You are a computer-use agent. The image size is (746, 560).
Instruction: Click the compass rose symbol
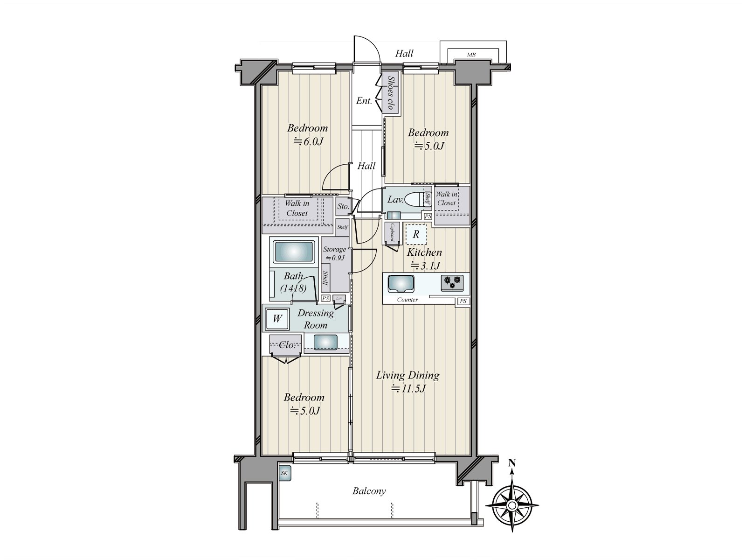click(511, 505)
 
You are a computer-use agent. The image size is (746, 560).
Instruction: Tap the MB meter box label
click(471, 55)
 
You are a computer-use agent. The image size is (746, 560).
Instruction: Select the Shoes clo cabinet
click(389, 93)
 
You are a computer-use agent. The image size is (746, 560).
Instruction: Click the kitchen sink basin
click(401, 283)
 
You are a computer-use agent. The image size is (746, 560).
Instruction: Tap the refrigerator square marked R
click(416, 235)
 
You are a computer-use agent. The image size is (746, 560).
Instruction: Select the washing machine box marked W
click(277, 319)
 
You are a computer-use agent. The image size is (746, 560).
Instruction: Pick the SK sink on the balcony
click(284, 474)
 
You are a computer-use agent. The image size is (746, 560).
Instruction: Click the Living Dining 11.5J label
click(408, 381)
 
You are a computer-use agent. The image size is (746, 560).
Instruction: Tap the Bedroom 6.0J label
click(307, 134)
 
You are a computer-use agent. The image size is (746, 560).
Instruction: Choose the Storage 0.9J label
click(334, 253)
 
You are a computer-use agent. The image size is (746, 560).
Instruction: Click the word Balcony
click(369, 491)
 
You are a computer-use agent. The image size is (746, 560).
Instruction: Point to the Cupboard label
click(393, 232)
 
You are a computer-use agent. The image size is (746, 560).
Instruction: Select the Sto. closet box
click(343, 206)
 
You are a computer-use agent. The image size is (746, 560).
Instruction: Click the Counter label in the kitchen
click(408, 300)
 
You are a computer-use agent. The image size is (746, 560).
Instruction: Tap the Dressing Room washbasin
click(325, 342)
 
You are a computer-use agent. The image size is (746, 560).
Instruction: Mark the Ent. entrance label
click(364, 101)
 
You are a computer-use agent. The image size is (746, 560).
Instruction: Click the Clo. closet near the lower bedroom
click(286, 345)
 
